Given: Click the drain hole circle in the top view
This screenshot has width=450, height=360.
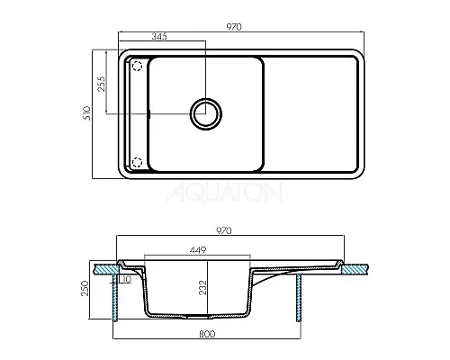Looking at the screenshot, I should pos(206,113).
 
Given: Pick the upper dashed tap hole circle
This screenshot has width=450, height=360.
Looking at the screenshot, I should pos(138,66).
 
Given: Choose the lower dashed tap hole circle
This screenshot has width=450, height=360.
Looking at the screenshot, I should pos(138,162).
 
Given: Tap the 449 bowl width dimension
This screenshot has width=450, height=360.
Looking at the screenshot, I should pos(199,249).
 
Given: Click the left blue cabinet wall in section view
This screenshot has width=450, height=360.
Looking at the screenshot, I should pos(113,297).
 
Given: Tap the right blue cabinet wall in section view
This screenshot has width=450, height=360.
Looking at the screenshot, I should pos(299,297).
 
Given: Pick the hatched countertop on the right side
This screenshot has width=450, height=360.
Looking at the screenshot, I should pos(355,268).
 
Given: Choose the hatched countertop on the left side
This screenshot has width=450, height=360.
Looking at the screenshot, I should pos(104,268).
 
